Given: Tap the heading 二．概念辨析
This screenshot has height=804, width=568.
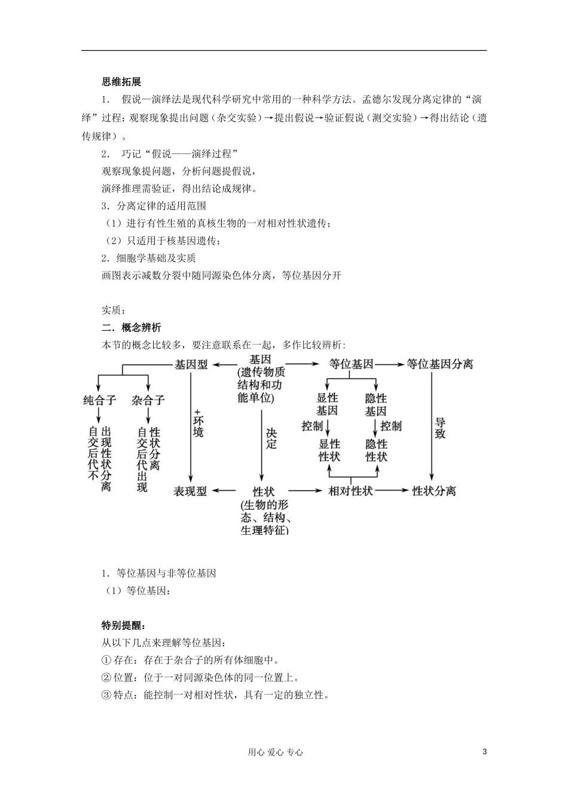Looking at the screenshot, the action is point(131,327).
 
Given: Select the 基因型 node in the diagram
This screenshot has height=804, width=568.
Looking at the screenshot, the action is point(191,364).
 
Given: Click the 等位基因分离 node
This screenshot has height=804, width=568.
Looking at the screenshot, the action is point(439,364).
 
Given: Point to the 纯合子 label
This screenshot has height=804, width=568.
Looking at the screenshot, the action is point(99,400).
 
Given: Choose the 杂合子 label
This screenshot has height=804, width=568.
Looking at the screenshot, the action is point(148,400).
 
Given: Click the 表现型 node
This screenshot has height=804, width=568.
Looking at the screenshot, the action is point(190,491).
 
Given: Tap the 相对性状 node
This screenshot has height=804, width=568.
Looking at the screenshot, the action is point(351,491).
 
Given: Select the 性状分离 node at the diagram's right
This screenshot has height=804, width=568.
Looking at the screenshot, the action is point(434,491).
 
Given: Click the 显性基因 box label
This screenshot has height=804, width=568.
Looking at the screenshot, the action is point(327,404).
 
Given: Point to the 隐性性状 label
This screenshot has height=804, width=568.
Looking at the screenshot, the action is point(377,450).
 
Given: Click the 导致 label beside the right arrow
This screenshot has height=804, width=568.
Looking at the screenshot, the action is point(440,429).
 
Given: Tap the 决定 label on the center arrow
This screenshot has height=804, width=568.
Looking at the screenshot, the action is point(271,438).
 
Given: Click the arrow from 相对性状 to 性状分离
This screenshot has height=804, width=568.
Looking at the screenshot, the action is point(392,491).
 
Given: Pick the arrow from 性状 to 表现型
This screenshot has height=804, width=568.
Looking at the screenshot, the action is point(224,491).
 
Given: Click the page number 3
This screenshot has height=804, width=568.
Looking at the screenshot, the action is point(484,752).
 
